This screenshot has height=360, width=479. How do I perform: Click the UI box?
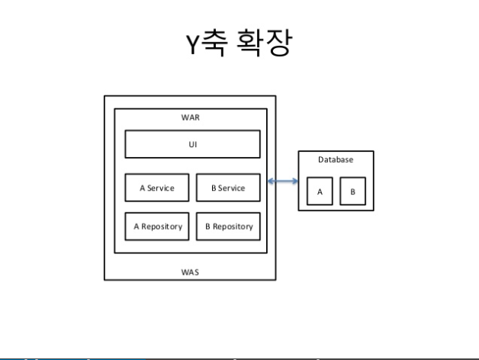[193, 143]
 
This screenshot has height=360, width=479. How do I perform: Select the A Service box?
[157, 188]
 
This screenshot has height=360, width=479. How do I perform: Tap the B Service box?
[227, 188]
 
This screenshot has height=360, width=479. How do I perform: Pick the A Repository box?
[157, 226]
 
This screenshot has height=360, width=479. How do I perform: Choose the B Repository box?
[227, 226]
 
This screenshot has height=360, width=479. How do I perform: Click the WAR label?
[191, 119]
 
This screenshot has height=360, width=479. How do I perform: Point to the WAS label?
[191, 271]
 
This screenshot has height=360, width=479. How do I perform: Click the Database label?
[336, 160]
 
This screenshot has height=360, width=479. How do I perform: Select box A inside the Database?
[320, 191]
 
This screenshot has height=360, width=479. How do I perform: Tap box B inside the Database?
[352, 191]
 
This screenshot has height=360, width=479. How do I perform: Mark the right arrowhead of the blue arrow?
[294, 180]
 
